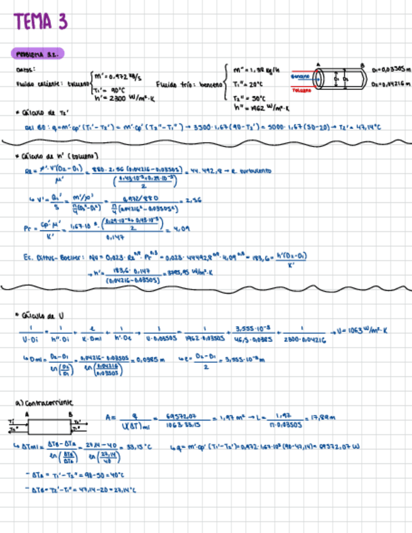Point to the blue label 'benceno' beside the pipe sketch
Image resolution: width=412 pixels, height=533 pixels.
tap(300, 76)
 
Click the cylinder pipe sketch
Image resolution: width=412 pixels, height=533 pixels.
tap(340, 80)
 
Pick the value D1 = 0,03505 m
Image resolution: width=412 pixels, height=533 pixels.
tap(391, 70)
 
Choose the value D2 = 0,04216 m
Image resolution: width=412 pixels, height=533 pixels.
tap(391, 83)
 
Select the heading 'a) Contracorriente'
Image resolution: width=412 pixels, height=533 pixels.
tap(44, 402)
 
